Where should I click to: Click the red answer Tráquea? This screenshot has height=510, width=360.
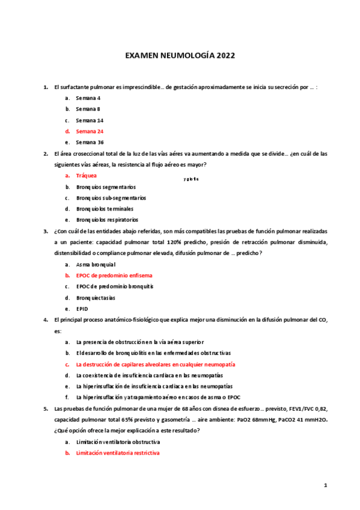(86, 176)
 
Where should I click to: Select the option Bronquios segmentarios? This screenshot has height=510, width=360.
(105, 187)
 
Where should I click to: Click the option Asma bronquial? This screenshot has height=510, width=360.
(96, 264)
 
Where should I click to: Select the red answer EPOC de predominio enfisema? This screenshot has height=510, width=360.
(114, 275)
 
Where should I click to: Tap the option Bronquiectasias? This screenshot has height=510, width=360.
(97, 298)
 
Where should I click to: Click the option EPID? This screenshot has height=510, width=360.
(82, 309)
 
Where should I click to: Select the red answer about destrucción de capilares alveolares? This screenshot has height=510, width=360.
(155, 364)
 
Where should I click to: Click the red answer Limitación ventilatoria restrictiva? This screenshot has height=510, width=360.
(117, 452)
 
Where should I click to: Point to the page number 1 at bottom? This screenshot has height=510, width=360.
(325, 485)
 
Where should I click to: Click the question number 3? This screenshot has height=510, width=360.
(46, 230)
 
